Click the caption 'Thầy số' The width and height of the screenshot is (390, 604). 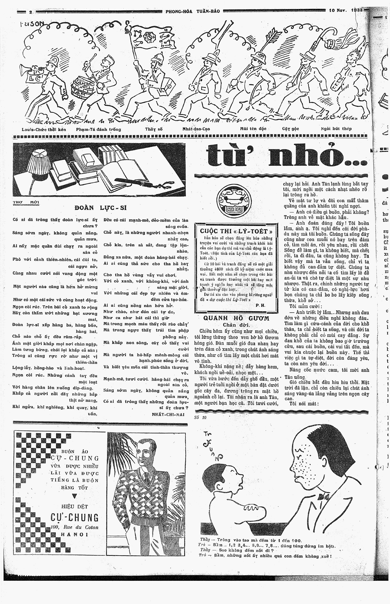154,129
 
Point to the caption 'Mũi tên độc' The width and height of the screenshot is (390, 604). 253,129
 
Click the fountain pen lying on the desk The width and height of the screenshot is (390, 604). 137,181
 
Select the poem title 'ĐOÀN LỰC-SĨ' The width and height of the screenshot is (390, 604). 101,208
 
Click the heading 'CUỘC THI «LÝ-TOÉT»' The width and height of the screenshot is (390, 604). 236,231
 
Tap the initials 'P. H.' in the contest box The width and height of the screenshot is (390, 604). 260,305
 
